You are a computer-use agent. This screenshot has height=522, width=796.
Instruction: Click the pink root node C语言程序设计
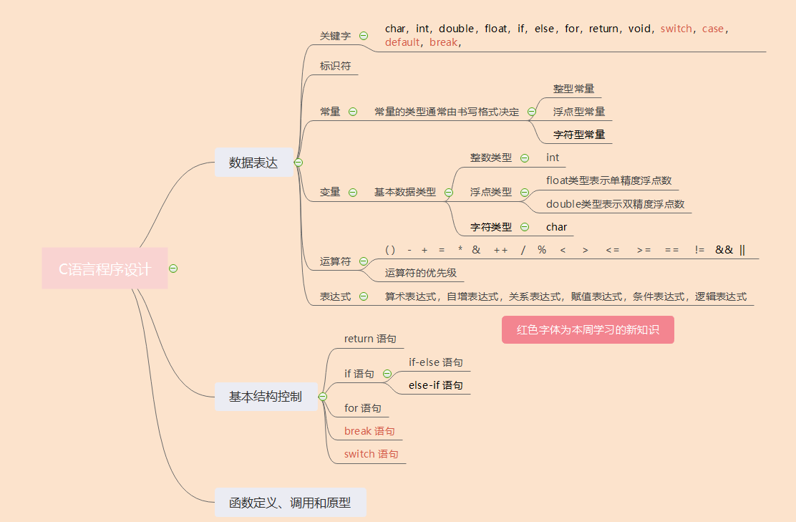[x=105, y=269]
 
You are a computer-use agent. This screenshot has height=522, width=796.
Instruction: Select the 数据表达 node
[x=253, y=163]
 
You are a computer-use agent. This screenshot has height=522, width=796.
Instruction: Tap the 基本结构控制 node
[x=266, y=397]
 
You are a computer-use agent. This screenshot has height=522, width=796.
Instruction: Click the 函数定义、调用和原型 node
[x=290, y=503]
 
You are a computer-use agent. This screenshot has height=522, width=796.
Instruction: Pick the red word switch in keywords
[x=676, y=29]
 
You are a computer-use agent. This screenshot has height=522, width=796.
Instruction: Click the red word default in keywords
[x=402, y=42]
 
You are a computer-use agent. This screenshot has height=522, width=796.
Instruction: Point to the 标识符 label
[x=335, y=66]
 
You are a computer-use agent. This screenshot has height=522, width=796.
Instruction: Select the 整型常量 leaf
[x=573, y=89]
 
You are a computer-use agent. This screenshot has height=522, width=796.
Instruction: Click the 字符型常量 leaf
[x=579, y=135]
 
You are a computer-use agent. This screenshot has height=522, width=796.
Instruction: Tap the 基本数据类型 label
[x=404, y=192]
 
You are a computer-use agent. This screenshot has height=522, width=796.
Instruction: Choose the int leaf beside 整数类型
[x=553, y=158]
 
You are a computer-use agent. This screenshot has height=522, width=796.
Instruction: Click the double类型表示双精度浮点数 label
[x=615, y=204]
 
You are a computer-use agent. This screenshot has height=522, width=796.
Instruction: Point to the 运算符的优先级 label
[x=420, y=273]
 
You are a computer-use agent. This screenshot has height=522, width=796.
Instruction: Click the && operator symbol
[x=724, y=249]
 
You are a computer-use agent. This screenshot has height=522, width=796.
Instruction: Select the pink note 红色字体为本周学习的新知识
[x=588, y=330]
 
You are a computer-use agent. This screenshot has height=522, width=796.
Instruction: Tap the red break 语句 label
[x=369, y=431]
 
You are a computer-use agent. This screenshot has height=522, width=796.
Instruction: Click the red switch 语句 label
[x=371, y=454]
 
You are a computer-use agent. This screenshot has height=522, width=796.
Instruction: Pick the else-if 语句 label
[x=435, y=385]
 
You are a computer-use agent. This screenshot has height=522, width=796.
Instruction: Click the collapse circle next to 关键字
[x=364, y=36]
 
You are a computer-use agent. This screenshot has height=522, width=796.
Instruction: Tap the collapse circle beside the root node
[x=173, y=269]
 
